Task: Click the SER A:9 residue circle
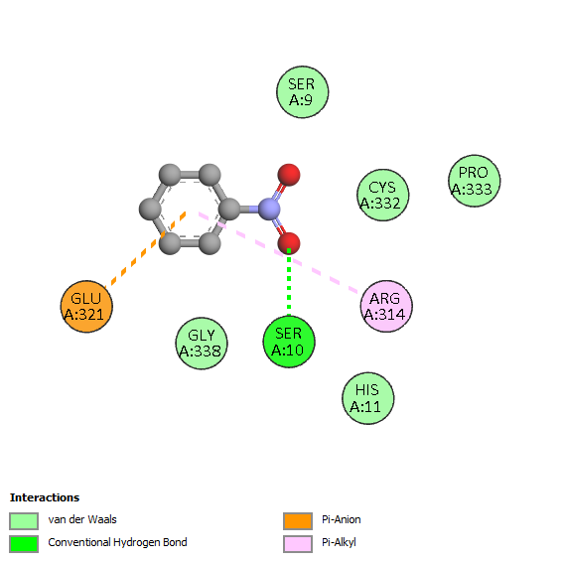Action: click(302, 92)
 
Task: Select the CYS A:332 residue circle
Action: click(383, 195)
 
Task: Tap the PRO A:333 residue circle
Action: click(475, 181)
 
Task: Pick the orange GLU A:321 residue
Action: click(86, 307)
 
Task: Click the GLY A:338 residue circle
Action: click(202, 344)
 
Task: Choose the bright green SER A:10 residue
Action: click(289, 342)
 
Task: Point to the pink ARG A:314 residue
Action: click(386, 306)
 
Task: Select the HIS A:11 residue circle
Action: click(368, 398)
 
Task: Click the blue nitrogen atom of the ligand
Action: click(269, 209)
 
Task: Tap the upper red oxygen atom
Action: click(289, 175)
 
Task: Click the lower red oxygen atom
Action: click(289, 243)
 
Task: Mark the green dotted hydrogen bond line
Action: click(289, 282)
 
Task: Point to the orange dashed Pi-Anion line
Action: click(145, 249)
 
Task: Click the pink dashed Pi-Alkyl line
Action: click(279, 252)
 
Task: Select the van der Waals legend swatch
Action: click(24, 521)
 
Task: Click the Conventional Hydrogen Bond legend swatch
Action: click(24, 544)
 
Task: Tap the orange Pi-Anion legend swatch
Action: click(298, 521)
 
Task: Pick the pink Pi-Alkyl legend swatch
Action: click(298, 544)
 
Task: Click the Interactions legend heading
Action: click(45, 497)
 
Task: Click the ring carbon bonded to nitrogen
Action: click(229, 209)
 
